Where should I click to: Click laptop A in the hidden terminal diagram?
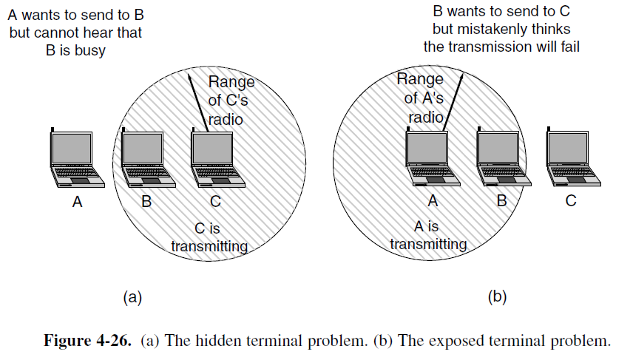point(74,159)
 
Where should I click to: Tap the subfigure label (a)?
point(132,297)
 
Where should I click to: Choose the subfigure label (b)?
point(496,297)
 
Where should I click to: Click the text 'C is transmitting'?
point(209,237)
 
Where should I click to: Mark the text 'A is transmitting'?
point(428,237)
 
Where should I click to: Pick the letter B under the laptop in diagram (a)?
point(146,200)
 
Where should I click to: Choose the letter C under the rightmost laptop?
point(570,200)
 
